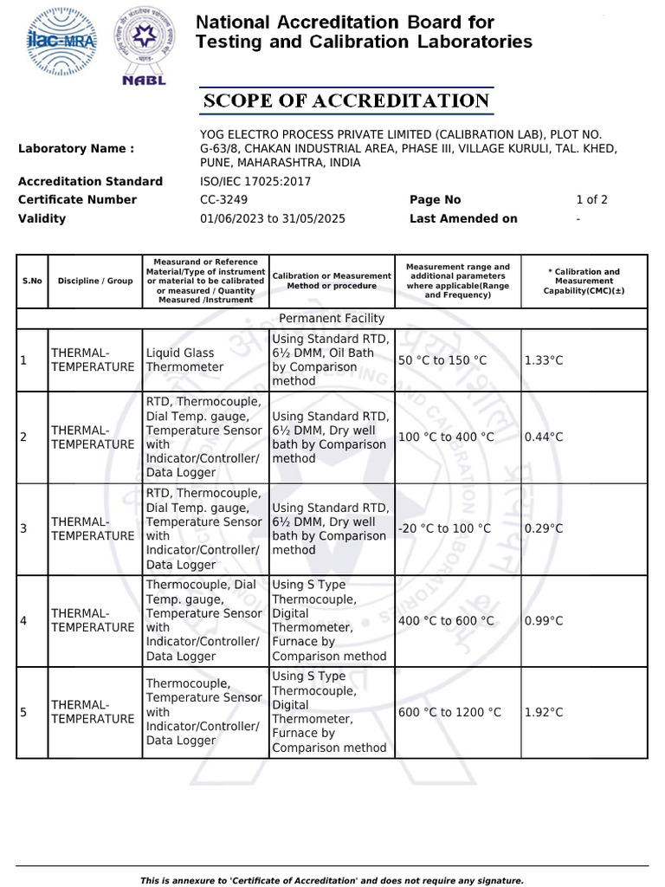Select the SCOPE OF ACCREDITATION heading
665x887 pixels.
pos(346,101)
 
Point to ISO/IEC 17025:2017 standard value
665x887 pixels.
pos(255,182)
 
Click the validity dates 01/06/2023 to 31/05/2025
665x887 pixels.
pos(272,219)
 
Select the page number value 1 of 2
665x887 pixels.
pos(591,200)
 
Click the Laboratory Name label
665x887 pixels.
pos(76,149)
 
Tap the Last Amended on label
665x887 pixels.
pos(463,219)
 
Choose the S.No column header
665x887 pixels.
pos(32,282)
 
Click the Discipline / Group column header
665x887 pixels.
pos(95,282)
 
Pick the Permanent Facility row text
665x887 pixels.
pos(332,319)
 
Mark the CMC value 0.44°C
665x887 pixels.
pos(544,437)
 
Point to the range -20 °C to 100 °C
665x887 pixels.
pos(444,528)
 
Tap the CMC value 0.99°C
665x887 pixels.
pos(544,621)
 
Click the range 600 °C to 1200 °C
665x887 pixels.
pos(449,713)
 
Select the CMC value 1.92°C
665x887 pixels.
pos(544,713)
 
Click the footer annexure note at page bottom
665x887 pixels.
pos(332,880)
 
